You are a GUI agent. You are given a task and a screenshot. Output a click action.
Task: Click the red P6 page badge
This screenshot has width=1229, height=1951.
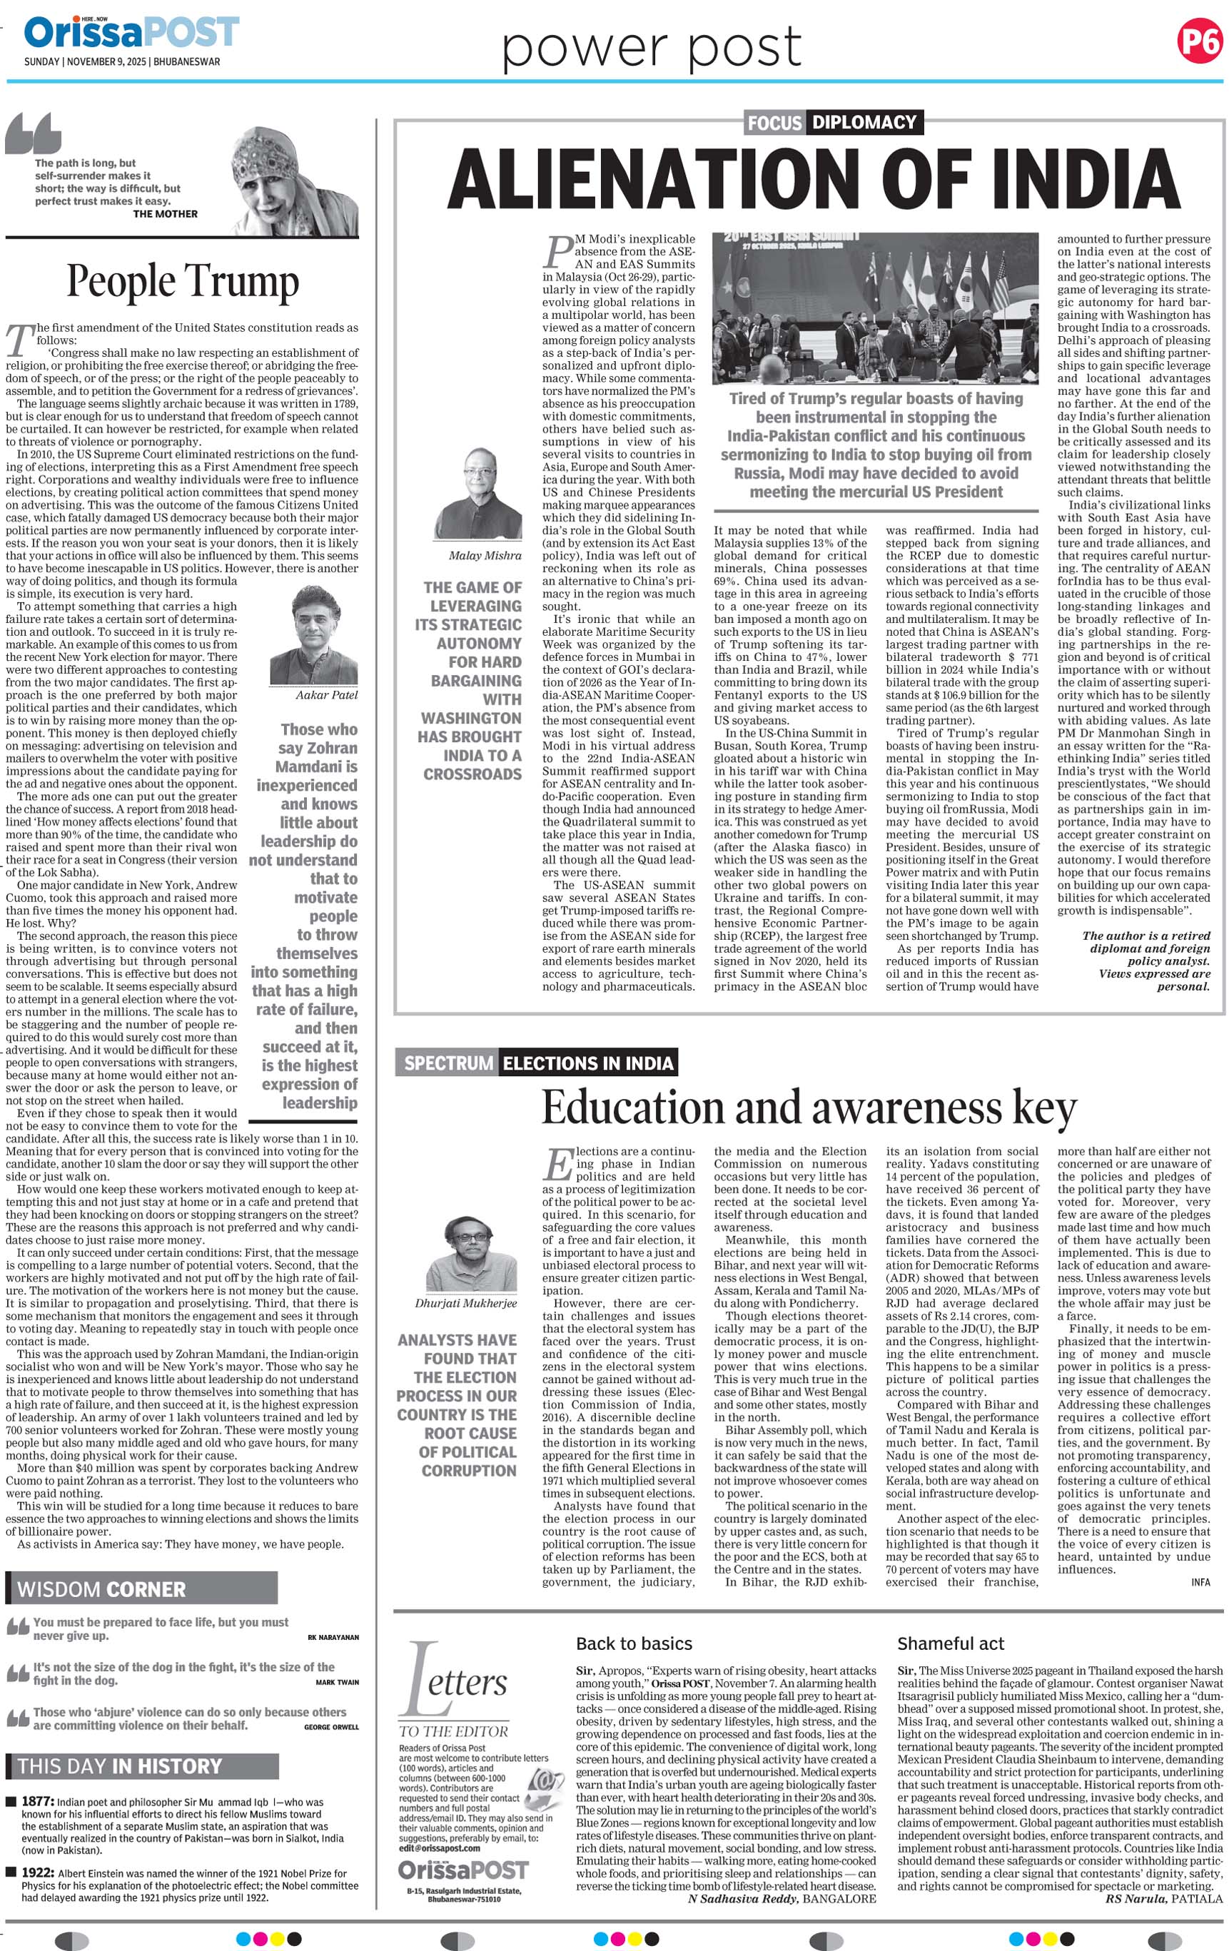point(1198,41)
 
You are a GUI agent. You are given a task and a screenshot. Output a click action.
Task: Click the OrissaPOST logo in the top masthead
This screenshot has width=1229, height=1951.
point(131,34)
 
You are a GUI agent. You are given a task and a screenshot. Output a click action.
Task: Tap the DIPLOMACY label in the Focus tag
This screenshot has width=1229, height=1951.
point(864,122)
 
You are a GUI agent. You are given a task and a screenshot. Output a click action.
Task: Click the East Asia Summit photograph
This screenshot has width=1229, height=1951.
point(875,308)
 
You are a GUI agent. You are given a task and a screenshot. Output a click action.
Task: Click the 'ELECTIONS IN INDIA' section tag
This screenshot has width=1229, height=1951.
point(587,1063)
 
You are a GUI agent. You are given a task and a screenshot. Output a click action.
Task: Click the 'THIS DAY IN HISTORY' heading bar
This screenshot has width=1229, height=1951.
point(142,1766)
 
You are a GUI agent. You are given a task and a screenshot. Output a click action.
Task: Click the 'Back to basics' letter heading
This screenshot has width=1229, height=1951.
point(634,1644)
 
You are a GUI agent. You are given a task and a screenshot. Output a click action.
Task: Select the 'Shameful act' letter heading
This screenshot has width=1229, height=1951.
point(951,1644)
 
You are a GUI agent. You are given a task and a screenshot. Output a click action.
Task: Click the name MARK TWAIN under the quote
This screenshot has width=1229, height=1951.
point(337,1682)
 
